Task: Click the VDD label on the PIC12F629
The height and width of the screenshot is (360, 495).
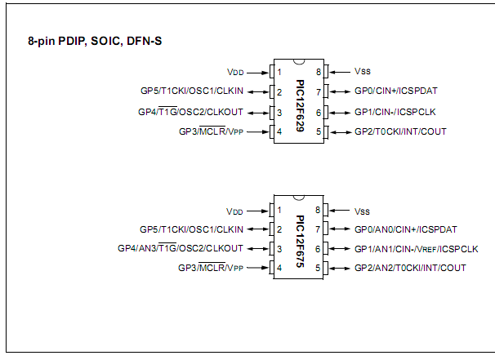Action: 235,73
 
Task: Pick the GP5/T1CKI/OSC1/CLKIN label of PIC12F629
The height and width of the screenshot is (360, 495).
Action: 191,91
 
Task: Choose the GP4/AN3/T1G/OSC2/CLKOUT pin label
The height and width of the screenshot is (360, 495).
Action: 181,248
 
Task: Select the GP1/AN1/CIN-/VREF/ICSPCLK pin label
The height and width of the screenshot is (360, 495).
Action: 416,248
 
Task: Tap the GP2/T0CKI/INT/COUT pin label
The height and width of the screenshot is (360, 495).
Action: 400,131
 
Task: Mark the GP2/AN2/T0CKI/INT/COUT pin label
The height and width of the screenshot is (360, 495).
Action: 410,268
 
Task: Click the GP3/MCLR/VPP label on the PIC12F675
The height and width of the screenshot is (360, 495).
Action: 211,268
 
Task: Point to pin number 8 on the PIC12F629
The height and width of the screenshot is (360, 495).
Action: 321,73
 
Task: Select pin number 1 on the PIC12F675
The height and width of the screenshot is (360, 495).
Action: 279,210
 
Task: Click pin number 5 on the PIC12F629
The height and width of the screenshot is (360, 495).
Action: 321,131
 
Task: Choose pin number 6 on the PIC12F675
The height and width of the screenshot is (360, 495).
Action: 321,248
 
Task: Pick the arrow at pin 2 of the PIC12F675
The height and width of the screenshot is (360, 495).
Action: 256,229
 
